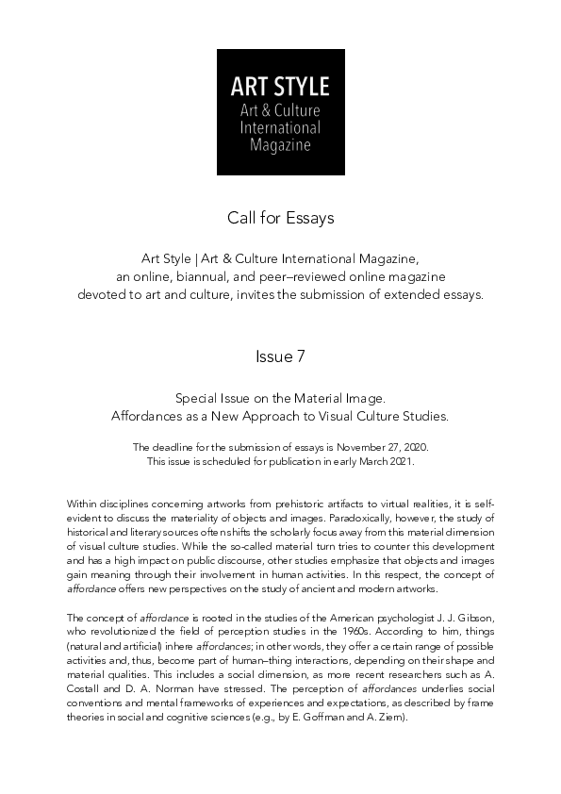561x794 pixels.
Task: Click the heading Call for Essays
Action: click(x=280, y=219)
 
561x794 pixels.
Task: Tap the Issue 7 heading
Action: click(x=280, y=356)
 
